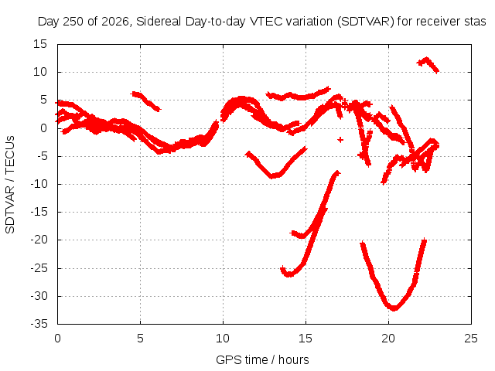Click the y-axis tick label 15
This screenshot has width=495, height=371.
click(40, 44)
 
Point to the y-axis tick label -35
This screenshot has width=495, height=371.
click(39, 324)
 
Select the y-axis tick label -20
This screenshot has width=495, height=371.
click(39, 240)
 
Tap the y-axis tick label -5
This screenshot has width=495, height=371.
click(41, 156)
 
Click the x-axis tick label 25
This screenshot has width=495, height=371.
click(471, 339)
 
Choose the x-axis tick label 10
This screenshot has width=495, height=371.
click(223, 339)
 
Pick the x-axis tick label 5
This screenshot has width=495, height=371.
click(140, 339)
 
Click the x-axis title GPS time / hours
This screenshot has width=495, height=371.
click(262, 359)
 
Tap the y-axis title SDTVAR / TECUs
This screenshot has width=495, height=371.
click(10, 185)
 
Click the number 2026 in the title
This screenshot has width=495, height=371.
click(115, 22)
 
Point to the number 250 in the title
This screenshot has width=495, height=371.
click(74, 22)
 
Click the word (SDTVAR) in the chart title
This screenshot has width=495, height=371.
click(366, 22)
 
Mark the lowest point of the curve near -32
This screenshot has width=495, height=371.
click(394, 308)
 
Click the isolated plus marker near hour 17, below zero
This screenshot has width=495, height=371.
click(340, 139)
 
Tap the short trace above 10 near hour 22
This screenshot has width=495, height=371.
click(428, 64)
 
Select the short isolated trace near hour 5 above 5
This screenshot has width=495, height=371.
click(145, 100)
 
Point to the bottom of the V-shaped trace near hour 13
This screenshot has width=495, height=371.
click(273, 176)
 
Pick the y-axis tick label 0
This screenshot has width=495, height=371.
click(43, 128)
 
